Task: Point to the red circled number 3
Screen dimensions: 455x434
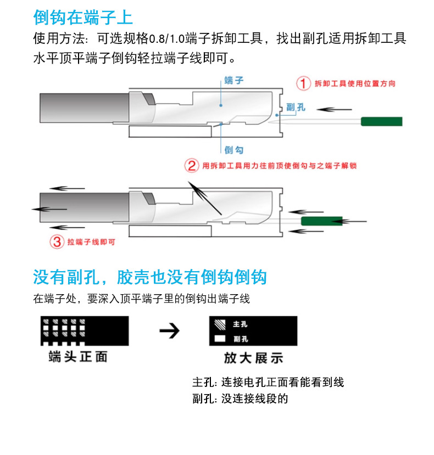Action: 57,241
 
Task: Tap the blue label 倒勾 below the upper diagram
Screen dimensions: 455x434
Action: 234,150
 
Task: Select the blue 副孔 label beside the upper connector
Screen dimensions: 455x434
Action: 296,108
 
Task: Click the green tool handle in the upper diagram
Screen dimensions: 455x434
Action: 381,121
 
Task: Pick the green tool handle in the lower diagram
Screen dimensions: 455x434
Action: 322,221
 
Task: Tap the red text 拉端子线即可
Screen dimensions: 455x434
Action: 91,241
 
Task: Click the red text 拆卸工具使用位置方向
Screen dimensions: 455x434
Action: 355,83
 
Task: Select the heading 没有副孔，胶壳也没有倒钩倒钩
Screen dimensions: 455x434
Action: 150,277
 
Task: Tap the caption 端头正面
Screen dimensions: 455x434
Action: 78,357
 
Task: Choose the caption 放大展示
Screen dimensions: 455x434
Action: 253,358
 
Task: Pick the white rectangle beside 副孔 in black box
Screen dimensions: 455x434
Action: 220,339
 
